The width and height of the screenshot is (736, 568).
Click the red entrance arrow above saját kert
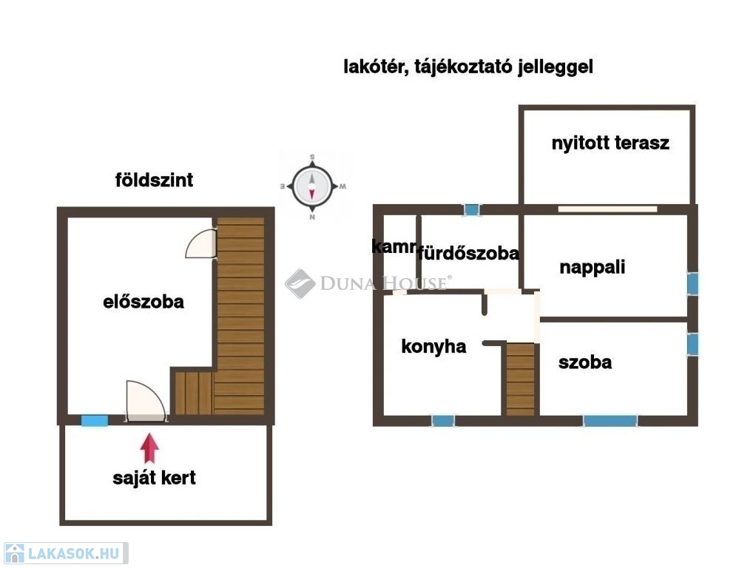coord(149,448)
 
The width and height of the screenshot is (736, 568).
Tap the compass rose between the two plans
coord(312,187)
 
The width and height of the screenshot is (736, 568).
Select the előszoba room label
coord(144,302)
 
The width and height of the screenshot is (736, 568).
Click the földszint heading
coord(154,180)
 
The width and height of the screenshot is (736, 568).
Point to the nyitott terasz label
coord(610,143)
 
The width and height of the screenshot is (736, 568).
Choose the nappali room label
coord(592,267)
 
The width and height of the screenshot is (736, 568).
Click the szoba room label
coord(585,362)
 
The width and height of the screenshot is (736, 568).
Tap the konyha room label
coord(433,347)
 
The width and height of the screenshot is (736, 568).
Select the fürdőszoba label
coord(468,254)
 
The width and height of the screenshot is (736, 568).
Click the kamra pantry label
coord(394,246)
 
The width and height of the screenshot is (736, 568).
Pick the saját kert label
coord(154,479)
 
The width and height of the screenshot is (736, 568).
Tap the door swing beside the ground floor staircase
coord(201,243)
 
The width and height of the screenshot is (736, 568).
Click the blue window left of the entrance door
coord(95,421)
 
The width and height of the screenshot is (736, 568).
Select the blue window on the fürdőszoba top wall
coord(471,209)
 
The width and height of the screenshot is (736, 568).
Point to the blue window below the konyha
coord(442,421)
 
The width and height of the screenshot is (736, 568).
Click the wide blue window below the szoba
coord(610,421)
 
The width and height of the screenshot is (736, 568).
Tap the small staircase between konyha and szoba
coord(521,379)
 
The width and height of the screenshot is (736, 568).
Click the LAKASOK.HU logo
coord(66,553)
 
